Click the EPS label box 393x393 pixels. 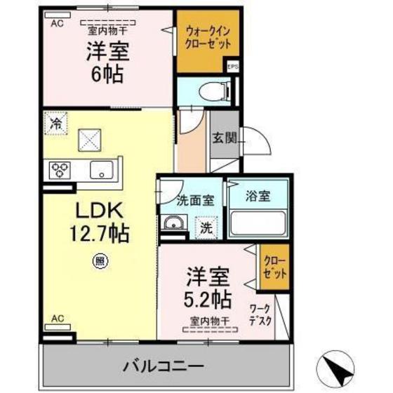232,67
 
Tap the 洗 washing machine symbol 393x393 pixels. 206,227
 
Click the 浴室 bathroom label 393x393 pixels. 258,197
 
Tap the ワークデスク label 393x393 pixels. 262,317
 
